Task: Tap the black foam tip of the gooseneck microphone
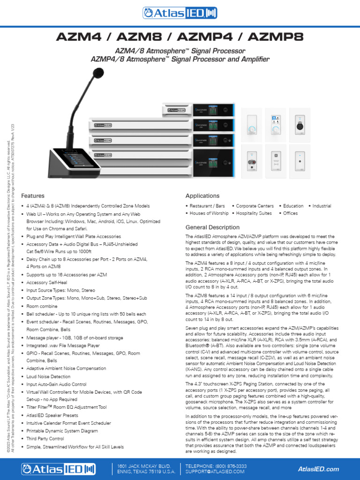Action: [x=98, y=73]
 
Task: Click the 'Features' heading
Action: [x=33, y=196]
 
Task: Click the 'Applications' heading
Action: [x=202, y=196]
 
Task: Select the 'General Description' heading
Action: [x=212, y=227]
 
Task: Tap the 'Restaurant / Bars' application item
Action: [x=207, y=206]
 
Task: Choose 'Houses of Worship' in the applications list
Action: [x=209, y=213]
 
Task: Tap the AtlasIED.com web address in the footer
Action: [x=318, y=469]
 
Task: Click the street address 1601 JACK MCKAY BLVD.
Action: [x=143, y=466]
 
